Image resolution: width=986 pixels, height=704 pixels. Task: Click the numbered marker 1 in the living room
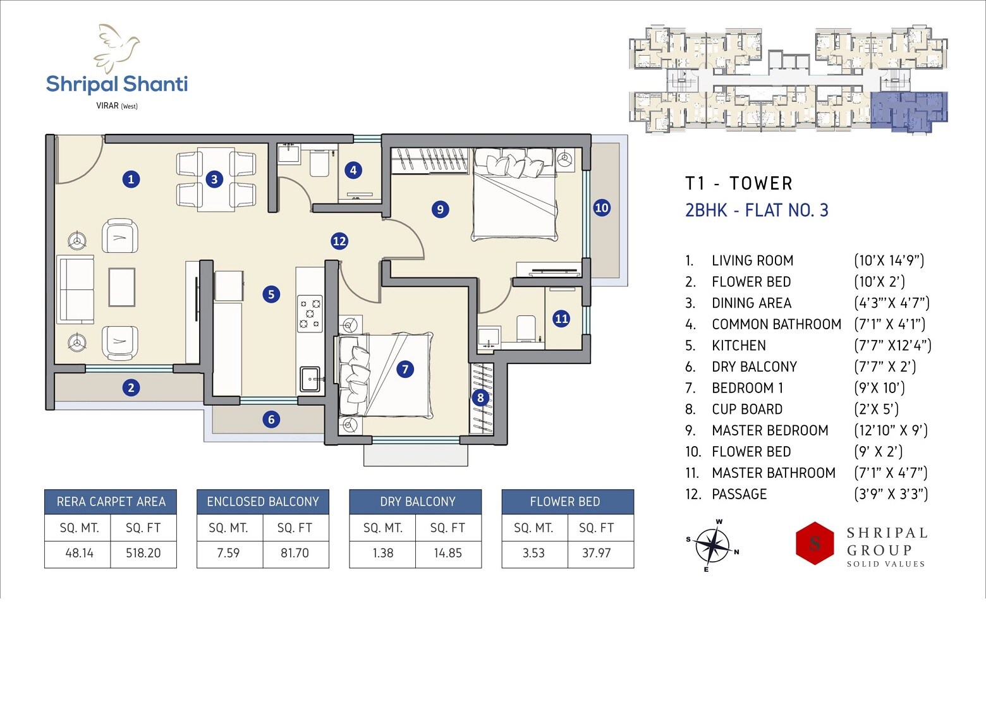(131, 179)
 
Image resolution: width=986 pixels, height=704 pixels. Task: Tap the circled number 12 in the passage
(339, 241)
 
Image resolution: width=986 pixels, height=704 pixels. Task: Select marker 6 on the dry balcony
(271, 419)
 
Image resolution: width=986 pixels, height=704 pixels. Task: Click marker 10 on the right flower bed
(602, 207)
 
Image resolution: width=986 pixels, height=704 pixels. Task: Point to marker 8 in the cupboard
(480, 398)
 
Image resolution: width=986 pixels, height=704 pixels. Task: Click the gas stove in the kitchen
(310, 313)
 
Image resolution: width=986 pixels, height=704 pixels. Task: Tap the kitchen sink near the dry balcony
(310, 379)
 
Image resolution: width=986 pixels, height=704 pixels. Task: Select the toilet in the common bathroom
(319, 164)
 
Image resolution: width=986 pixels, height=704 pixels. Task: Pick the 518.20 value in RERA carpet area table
(143, 553)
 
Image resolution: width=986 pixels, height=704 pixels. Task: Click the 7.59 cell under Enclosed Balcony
(228, 553)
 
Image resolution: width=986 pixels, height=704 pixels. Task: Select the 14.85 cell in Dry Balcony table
(447, 553)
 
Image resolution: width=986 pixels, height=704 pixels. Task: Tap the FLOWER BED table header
(565, 502)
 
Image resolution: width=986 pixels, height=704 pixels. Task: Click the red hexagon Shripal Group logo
(815, 543)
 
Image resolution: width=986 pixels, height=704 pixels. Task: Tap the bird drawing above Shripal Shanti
(117, 47)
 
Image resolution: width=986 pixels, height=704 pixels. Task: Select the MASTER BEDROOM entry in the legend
(769, 430)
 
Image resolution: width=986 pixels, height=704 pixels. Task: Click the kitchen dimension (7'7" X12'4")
(892, 346)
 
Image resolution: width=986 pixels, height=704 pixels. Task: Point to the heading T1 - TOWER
(738, 183)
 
